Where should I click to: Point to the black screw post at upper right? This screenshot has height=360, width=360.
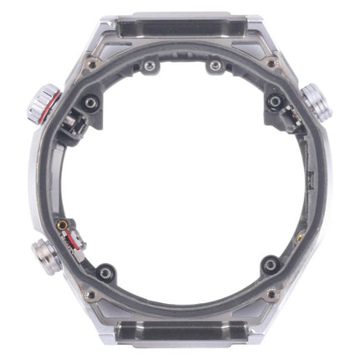tap(273, 102)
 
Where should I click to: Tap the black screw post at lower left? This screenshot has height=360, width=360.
tap(105, 272)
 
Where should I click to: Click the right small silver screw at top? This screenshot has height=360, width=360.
tap(215, 65)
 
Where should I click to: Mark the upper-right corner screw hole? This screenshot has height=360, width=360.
tap(271, 64)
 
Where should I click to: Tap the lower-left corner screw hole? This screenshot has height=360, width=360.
tap(90, 295)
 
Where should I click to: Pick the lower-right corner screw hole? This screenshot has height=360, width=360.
tap(271, 295)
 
